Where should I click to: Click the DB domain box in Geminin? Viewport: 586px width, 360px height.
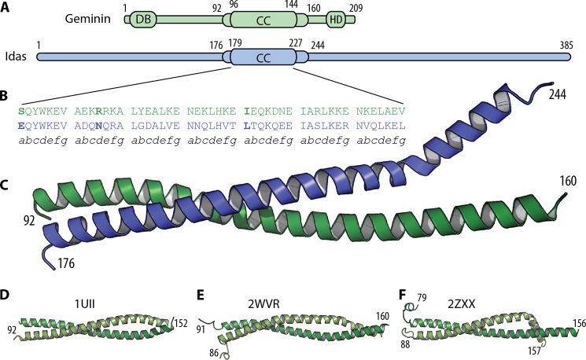click(143, 19)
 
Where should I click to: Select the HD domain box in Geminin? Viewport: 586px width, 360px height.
click(337, 19)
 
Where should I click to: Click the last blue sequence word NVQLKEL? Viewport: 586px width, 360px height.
click(382, 126)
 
